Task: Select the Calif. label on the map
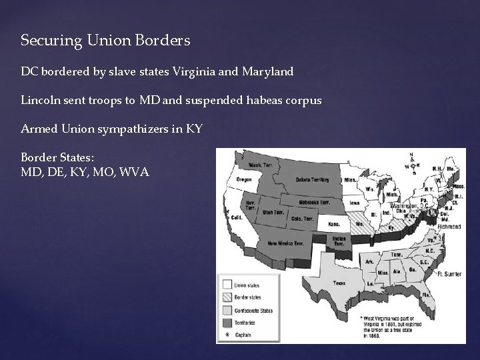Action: point(237,217)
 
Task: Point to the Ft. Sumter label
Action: point(449,274)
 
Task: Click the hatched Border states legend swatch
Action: point(227,297)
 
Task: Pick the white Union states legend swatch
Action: point(227,285)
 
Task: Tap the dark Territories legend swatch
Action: point(227,321)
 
